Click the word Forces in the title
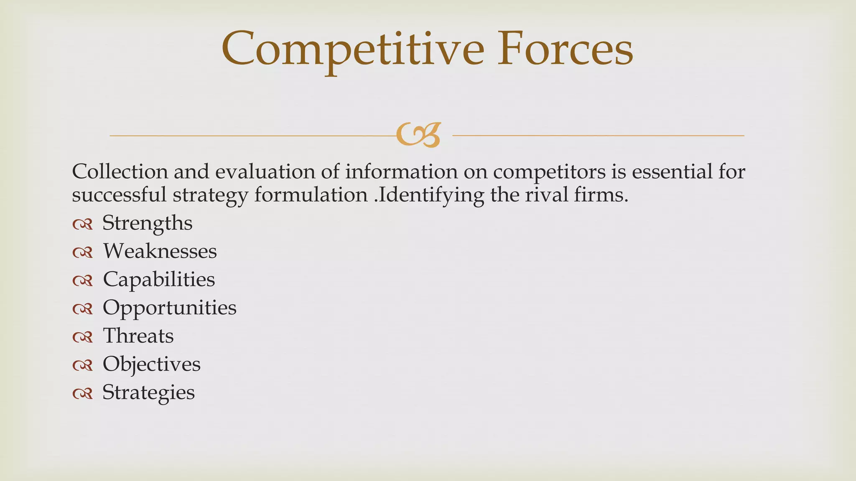pyautogui.click(x=565, y=49)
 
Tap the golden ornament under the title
pyautogui.click(x=418, y=135)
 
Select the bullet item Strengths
pyautogui.click(x=147, y=223)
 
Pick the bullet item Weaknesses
pyautogui.click(x=160, y=251)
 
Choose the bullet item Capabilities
pyautogui.click(x=159, y=279)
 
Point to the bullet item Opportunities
pyautogui.click(x=169, y=307)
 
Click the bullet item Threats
pyautogui.click(x=138, y=336)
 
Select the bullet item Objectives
pyautogui.click(x=151, y=364)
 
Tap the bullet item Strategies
pyautogui.click(x=148, y=392)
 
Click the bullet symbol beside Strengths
pyautogui.click(x=82, y=225)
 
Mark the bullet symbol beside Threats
pyautogui.click(x=82, y=337)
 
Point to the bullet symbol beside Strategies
pyautogui.click(x=82, y=394)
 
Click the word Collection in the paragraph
pyautogui.click(x=120, y=172)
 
